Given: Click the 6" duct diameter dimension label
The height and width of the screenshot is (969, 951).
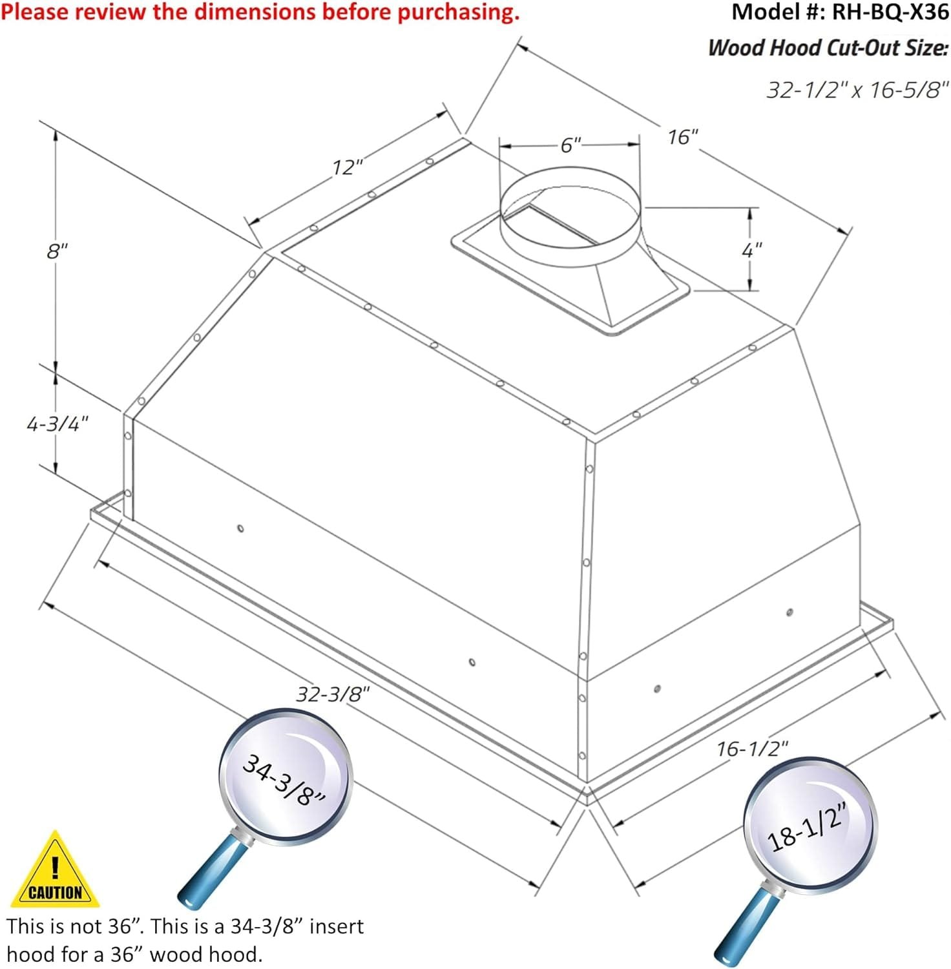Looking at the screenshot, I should click(x=570, y=145).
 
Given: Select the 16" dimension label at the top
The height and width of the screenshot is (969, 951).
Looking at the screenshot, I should click(x=683, y=138).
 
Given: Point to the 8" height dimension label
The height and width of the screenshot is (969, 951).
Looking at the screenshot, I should click(x=57, y=251).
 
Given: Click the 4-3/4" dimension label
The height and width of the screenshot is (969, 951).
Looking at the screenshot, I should click(x=57, y=424).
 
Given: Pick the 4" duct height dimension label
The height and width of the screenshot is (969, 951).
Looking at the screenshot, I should click(x=751, y=250).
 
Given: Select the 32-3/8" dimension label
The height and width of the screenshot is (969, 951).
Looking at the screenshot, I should click(x=333, y=694).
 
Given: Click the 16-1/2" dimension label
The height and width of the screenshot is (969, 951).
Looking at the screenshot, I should click(x=752, y=749).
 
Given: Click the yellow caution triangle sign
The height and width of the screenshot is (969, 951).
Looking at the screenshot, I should click(x=55, y=871).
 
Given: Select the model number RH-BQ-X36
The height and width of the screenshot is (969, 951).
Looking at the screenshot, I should click(x=889, y=12).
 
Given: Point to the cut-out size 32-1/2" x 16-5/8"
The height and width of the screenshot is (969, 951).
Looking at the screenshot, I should click(x=857, y=90).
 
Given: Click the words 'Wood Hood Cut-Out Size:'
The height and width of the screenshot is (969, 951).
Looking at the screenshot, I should click(x=828, y=48).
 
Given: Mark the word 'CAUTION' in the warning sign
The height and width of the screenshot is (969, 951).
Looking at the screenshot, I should click(x=56, y=893).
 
